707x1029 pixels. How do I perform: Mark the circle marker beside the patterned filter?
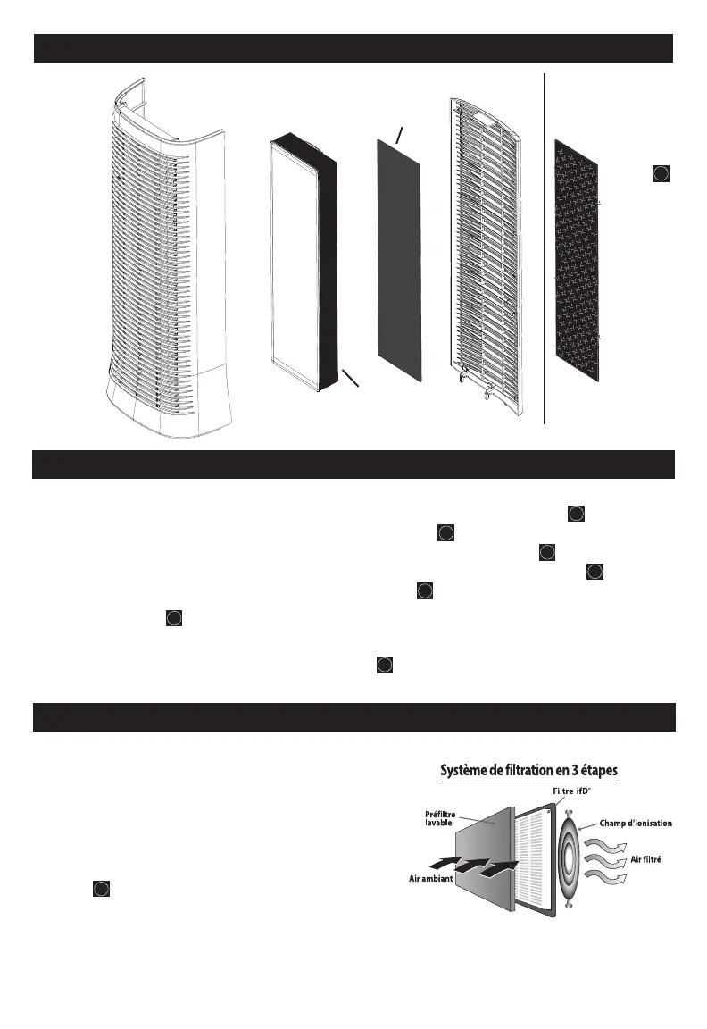click(659, 173)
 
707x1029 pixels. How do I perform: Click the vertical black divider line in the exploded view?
click(545, 250)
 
